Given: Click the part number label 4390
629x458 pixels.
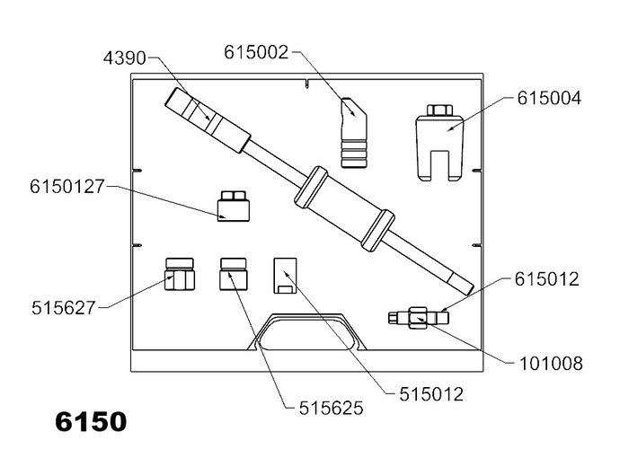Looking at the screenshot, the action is click(x=124, y=58).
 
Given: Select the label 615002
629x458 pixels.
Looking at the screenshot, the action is click(x=256, y=52).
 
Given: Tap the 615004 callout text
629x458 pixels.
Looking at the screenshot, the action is click(x=549, y=98).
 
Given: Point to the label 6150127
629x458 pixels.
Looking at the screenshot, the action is click(x=67, y=187).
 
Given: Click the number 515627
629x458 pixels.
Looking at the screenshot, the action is click(x=64, y=308).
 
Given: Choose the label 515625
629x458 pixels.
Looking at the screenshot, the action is click(x=331, y=409).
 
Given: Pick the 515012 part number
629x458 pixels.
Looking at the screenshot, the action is click(x=431, y=394).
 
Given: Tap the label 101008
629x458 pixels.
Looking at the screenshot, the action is click(x=551, y=364).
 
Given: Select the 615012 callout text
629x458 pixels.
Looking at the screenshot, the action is click(x=546, y=279).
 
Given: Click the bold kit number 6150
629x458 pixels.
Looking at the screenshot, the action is click(x=91, y=421).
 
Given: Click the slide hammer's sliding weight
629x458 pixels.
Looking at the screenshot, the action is click(x=344, y=209).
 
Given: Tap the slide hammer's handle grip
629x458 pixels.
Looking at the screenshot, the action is click(x=208, y=120).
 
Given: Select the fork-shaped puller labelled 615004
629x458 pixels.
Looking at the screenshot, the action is click(x=439, y=147).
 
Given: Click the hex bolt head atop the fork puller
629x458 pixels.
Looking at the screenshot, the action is click(x=439, y=110).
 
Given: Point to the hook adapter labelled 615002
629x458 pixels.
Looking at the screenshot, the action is click(x=354, y=133).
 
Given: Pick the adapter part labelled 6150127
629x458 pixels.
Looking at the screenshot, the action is click(x=234, y=207).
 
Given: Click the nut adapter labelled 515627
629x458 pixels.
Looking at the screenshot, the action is click(x=180, y=274).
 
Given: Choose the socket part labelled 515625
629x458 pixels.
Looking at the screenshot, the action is click(x=234, y=274).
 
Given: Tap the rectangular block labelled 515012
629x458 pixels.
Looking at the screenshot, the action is click(x=285, y=276).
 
